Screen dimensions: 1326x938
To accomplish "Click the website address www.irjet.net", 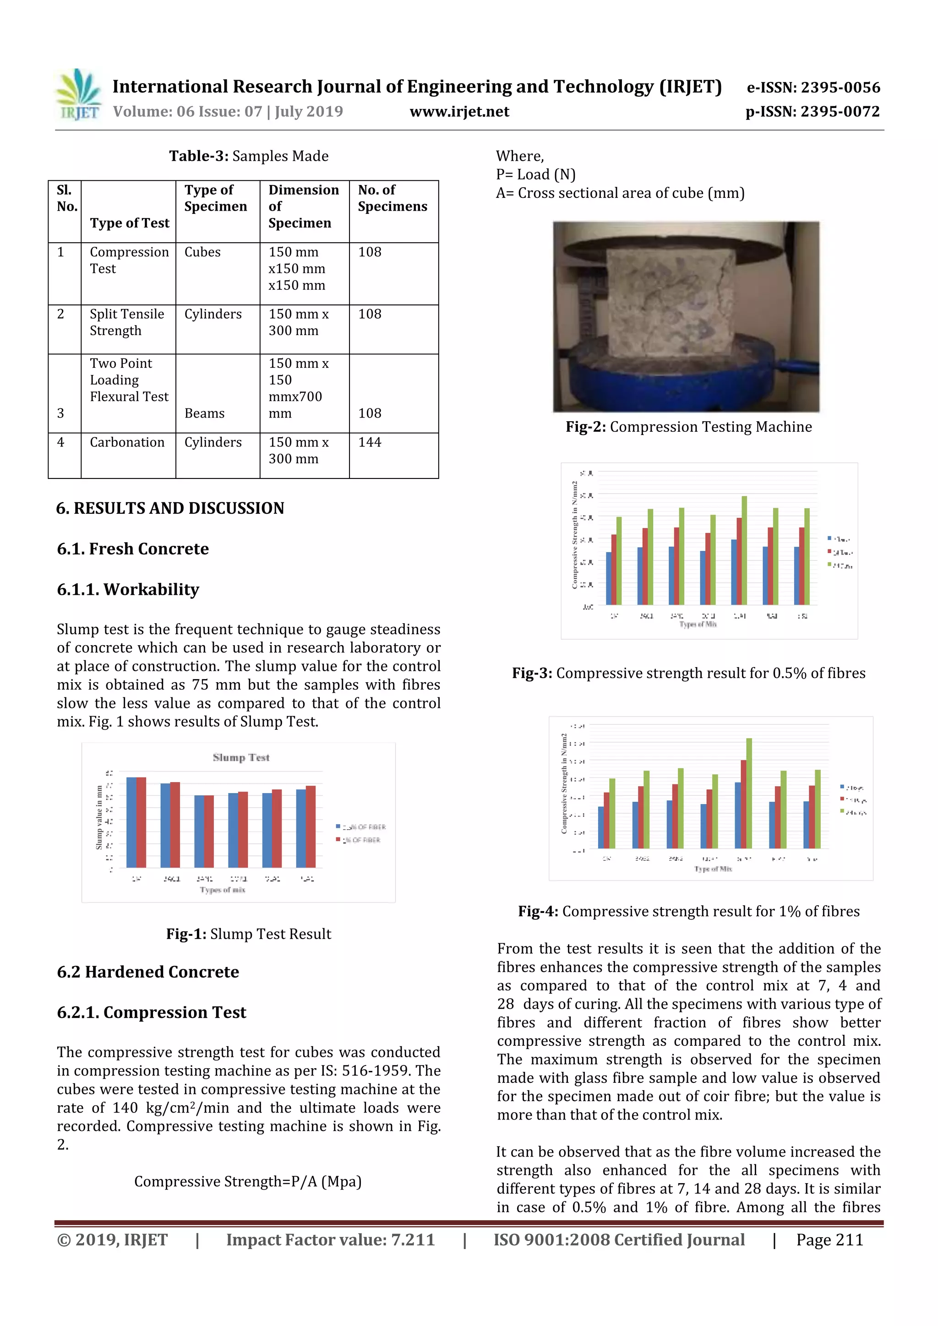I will coord(459,111).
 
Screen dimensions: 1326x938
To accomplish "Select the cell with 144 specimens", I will coord(370,442).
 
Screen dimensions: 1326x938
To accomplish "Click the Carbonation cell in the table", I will coord(127,442).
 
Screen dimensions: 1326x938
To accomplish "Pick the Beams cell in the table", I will coord(204,413).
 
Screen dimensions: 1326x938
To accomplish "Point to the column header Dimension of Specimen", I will coord(303,206).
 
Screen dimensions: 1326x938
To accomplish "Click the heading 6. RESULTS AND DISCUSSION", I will coord(170,508).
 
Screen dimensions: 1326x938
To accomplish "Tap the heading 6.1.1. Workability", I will coord(128,590).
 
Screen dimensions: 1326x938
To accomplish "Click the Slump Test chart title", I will coord(241,757).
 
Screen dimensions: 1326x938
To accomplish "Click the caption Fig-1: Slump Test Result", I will coord(248,934).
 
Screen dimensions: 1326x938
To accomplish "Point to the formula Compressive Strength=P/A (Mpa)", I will coord(248,1182).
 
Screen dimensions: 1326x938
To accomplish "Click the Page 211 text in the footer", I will coord(829,1240).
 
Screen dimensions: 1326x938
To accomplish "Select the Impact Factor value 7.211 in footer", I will coord(330,1240).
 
